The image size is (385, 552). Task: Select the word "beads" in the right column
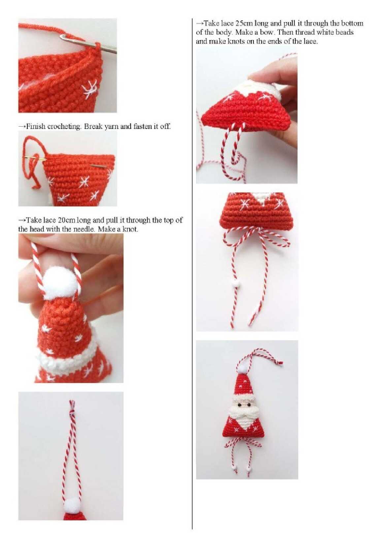(x=345, y=32)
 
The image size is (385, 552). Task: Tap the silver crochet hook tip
(x=63, y=37)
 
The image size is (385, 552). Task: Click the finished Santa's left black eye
(x=239, y=405)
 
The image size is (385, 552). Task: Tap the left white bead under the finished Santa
(x=234, y=467)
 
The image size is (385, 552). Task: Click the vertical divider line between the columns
(x=192, y=274)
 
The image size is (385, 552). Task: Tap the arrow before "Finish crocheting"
(x=22, y=127)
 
